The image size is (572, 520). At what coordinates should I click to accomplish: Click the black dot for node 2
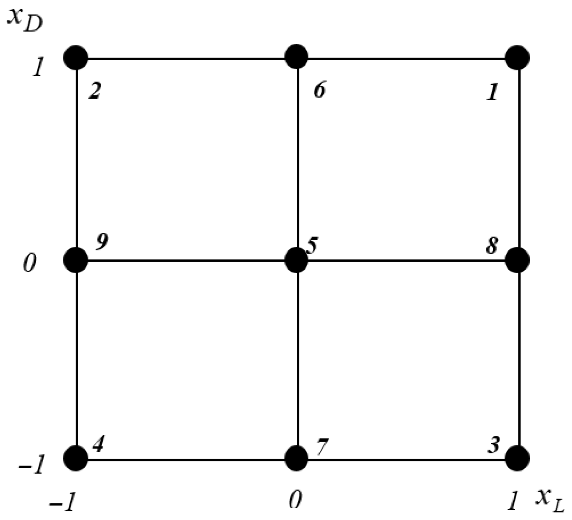pyautogui.click(x=76, y=57)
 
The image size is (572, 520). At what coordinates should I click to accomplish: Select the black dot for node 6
pyautogui.click(x=296, y=57)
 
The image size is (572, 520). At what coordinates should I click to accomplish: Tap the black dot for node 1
pyautogui.click(x=517, y=57)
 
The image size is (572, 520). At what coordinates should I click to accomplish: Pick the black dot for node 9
pyautogui.click(x=76, y=260)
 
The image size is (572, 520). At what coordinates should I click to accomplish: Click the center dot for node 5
pyautogui.click(x=296, y=260)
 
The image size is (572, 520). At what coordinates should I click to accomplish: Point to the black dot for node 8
pyautogui.click(x=517, y=260)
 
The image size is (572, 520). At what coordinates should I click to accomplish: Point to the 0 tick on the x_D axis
pyautogui.click(x=30, y=266)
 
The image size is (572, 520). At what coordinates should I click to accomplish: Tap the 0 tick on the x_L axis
pyautogui.click(x=296, y=500)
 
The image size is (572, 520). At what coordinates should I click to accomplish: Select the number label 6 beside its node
pyautogui.click(x=319, y=90)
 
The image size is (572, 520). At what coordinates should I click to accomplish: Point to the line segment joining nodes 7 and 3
pyautogui.click(x=407, y=460)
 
